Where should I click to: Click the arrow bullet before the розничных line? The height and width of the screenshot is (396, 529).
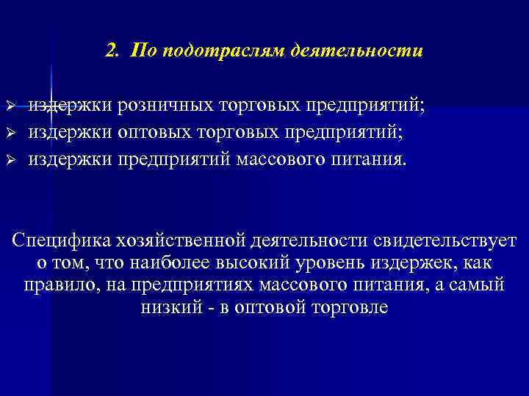click(10, 108)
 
